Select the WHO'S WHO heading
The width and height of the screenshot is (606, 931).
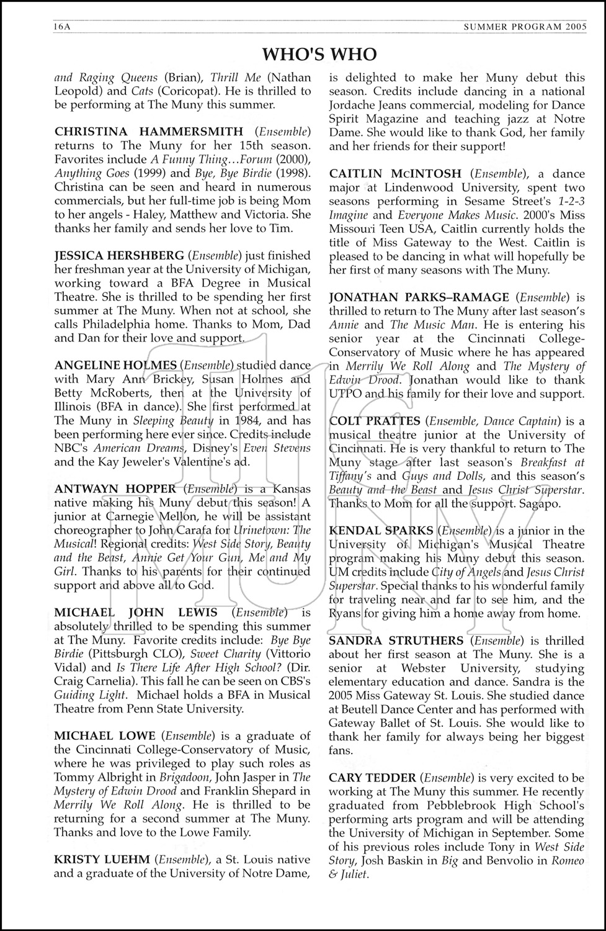(x=319, y=55)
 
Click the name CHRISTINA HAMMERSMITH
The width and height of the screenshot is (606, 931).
(x=149, y=132)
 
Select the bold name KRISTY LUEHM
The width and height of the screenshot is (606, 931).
(x=102, y=860)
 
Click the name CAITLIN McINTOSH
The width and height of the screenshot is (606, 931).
(x=395, y=174)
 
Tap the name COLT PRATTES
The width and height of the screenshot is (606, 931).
(x=375, y=421)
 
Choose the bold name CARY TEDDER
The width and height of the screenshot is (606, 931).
(x=372, y=778)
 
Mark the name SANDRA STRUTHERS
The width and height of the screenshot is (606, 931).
(x=396, y=641)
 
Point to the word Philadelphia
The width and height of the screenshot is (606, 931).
(x=131, y=325)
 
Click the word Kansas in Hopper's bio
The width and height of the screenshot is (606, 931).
(x=292, y=489)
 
